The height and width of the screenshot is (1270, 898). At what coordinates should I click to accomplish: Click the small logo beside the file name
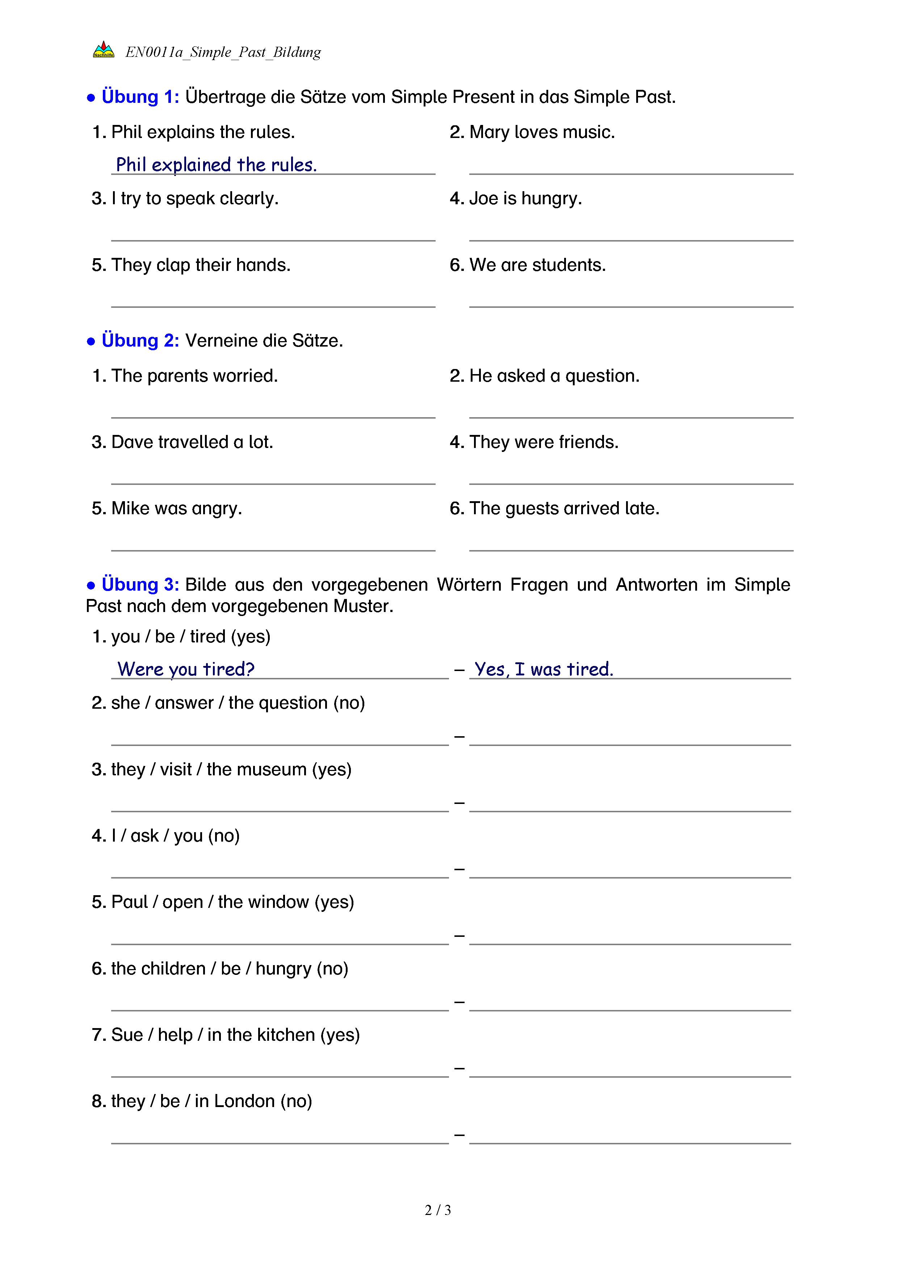click(x=104, y=50)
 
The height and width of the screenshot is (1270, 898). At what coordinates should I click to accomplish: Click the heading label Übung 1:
click(x=140, y=97)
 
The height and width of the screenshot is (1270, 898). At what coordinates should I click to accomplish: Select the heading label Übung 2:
click(x=140, y=341)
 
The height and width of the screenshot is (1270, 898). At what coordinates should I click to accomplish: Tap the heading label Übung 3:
click(x=140, y=585)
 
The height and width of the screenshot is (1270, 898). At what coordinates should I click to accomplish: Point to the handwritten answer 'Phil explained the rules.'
click(x=216, y=165)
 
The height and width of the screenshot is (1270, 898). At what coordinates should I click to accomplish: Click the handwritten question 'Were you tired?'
click(x=186, y=669)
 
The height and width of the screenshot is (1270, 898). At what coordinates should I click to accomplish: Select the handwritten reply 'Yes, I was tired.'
click(x=544, y=669)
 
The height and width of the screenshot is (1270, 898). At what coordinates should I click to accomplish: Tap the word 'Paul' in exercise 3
click(x=129, y=902)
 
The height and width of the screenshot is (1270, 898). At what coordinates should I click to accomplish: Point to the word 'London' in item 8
click(x=244, y=1101)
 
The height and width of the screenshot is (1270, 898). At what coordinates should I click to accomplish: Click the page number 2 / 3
click(x=437, y=1210)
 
